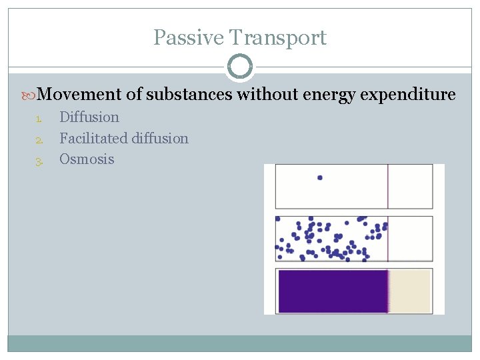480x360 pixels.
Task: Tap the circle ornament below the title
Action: click(240, 67)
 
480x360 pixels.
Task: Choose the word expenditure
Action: click(408, 95)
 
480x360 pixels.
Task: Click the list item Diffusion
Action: click(89, 117)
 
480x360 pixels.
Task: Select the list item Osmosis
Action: click(87, 159)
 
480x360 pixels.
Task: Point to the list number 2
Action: click(39, 140)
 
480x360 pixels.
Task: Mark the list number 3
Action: click(39, 161)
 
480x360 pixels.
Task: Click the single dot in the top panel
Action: click(320, 177)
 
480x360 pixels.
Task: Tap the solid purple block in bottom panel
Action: click(332, 291)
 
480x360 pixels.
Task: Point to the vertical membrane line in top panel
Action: click(388, 186)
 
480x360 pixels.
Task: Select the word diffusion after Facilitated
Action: click(160, 139)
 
